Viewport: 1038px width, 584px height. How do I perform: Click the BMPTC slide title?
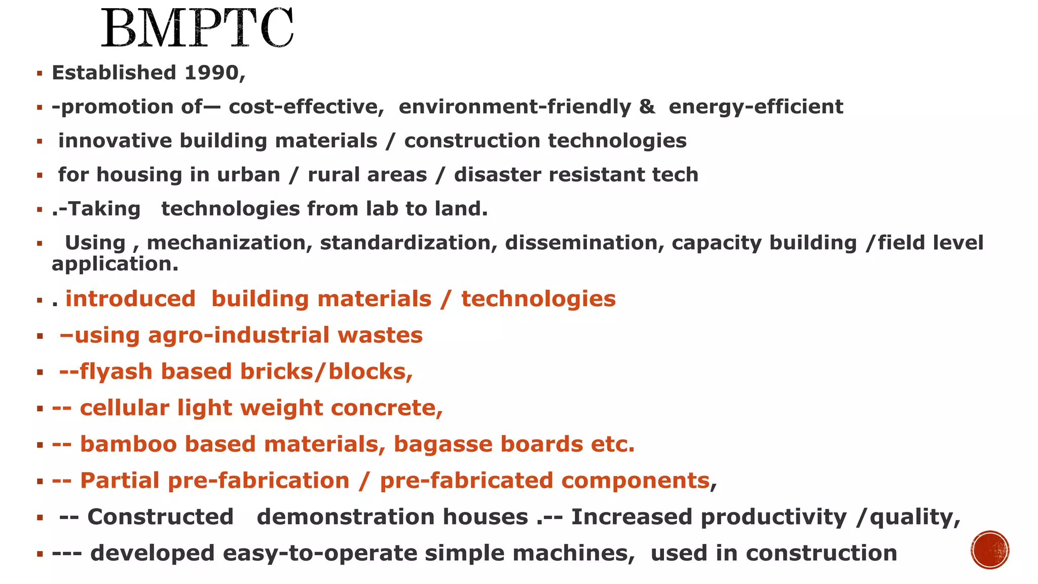point(197,28)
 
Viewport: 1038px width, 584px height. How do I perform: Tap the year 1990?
point(211,73)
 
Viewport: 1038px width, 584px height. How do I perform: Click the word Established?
point(114,73)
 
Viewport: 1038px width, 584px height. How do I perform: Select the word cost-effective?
point(306,107)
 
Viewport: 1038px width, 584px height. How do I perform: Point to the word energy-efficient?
point(756,107)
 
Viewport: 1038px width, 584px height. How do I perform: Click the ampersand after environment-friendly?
point(647,107)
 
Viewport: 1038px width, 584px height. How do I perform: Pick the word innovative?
point(115,141)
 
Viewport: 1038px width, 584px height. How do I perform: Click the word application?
point(115,264)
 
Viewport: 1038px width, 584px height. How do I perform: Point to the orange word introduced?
point(130,299)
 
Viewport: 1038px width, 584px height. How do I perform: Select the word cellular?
point(124,408)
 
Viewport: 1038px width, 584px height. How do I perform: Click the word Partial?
point(120,481)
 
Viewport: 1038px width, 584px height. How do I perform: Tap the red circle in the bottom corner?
point(990,550)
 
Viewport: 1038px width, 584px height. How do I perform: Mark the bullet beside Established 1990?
point(40,74)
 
